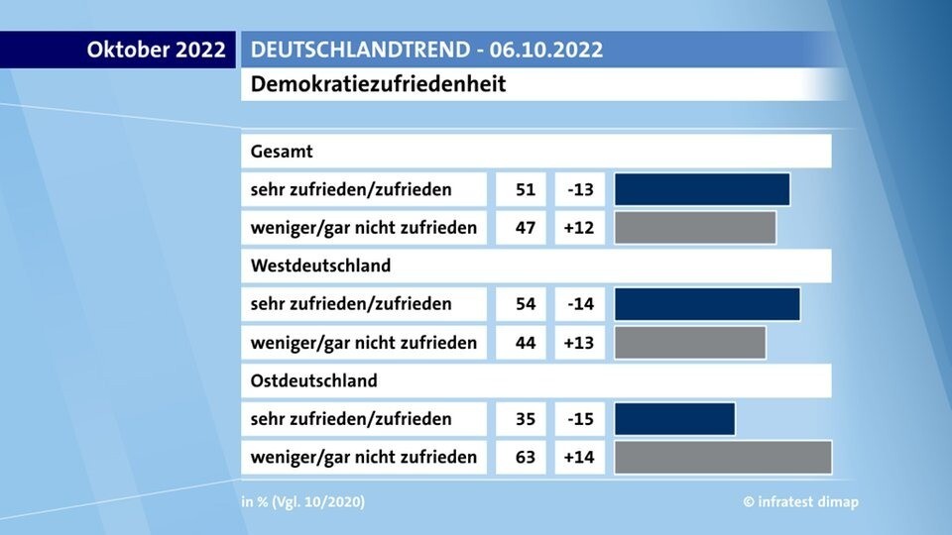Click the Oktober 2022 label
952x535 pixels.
157,50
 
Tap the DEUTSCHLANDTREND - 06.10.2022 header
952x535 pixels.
426,50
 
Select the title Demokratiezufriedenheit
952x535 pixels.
379,84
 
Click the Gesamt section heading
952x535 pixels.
283,152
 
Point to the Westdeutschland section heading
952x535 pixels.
321,266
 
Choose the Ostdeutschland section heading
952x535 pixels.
314,380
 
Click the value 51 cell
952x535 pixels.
526,189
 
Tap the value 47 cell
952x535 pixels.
526,228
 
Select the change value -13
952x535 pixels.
580,189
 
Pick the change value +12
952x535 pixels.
580,228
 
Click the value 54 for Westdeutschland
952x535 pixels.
526,304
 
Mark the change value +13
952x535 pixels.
580,343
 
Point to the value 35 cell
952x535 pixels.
526,419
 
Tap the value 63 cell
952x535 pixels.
526,457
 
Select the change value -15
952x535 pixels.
580,419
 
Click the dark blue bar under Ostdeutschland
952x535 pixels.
674,419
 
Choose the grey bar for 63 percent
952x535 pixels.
722,457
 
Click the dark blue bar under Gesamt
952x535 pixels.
702,189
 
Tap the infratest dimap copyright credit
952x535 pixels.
801,502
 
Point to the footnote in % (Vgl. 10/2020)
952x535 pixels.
302,502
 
